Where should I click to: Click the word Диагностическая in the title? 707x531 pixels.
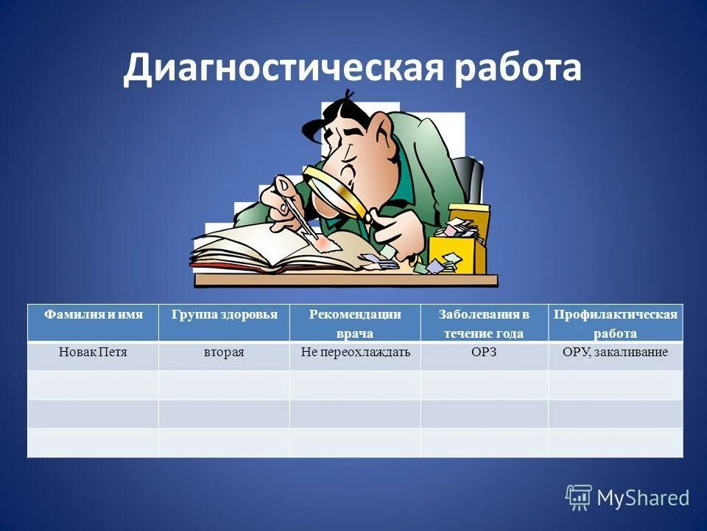tap(283, 69)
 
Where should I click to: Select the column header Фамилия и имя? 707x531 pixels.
tap(93, 315)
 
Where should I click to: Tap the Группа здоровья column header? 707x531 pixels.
tap(224, 315)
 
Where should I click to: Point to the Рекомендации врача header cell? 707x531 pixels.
tap(355, 323)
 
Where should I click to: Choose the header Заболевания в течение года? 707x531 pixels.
tap(484, 323)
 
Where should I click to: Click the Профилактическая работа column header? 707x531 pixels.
tap(615, 323)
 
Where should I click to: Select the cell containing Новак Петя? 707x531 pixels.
tap(93, 353)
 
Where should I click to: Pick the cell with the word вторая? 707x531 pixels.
tap(224, 353)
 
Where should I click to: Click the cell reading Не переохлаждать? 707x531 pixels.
tap(355, 353)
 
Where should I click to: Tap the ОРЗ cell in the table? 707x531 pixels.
tap(484, 353)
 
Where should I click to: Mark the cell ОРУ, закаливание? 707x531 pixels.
tap(615, 353)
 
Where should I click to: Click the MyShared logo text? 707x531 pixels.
tap(643, 498)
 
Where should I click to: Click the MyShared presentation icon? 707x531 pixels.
tap(579, 498)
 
